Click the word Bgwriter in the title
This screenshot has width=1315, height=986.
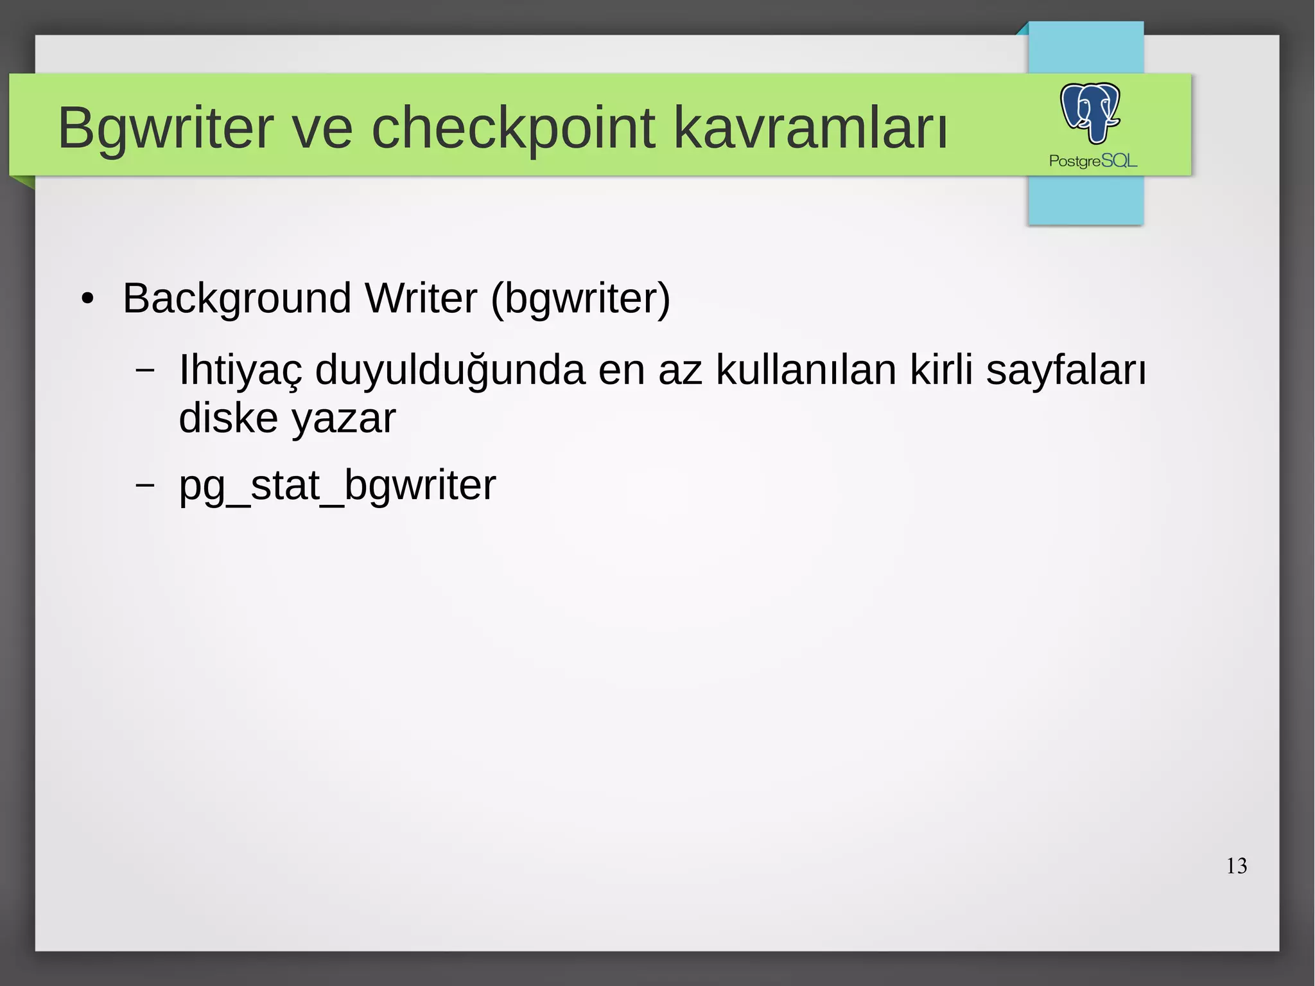point(166,128)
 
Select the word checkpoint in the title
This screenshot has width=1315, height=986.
point(513,128)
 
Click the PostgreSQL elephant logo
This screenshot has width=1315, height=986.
point(1090,113)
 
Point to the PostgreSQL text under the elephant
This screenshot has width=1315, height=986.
point(1093,161)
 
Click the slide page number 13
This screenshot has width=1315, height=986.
point(1236,866)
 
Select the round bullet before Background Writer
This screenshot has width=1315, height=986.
point(88,299)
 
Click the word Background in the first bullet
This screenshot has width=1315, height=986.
point(237,299)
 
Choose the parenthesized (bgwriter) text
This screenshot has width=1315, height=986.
point(580,299)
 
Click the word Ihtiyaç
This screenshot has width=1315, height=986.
point(240,371)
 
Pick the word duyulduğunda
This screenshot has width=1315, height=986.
point(450,371)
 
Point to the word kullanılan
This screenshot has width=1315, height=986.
point(806,371)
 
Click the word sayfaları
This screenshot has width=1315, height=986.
point(1066,371)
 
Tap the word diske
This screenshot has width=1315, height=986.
point(228,419)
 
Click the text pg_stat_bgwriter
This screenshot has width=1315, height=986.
point(337,486)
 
